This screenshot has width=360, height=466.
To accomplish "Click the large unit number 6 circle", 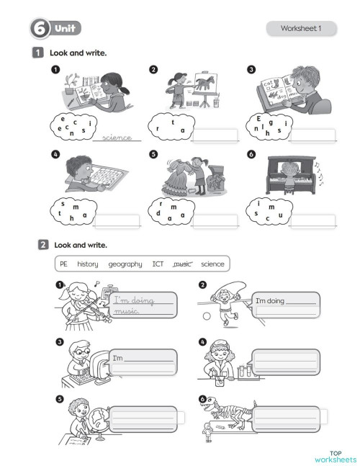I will pyautogui.click(x=38, y=29).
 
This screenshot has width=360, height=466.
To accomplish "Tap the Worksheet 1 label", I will pyautogui.click(x=300, y=29).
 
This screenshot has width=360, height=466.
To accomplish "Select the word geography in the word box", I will pyautogui.click(x=125, y=264).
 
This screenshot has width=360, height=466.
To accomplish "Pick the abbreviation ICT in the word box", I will pyautogui.click(x=158, y=264).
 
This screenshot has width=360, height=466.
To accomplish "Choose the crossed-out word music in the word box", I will pyautogui.click(x=183, y=264).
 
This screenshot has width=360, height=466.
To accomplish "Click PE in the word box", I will pyautogui.click(x=64, y=264).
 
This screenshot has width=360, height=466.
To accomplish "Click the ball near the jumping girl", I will pyautogui.click(x=206, y=315).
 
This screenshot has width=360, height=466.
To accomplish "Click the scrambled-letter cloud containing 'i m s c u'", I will pyautogui.click(x=269, y=212).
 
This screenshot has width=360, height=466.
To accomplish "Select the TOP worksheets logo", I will pyautogui.click(x=335, y=455).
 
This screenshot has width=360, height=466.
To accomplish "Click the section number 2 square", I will pyautogui.click(x=42, y=245).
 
